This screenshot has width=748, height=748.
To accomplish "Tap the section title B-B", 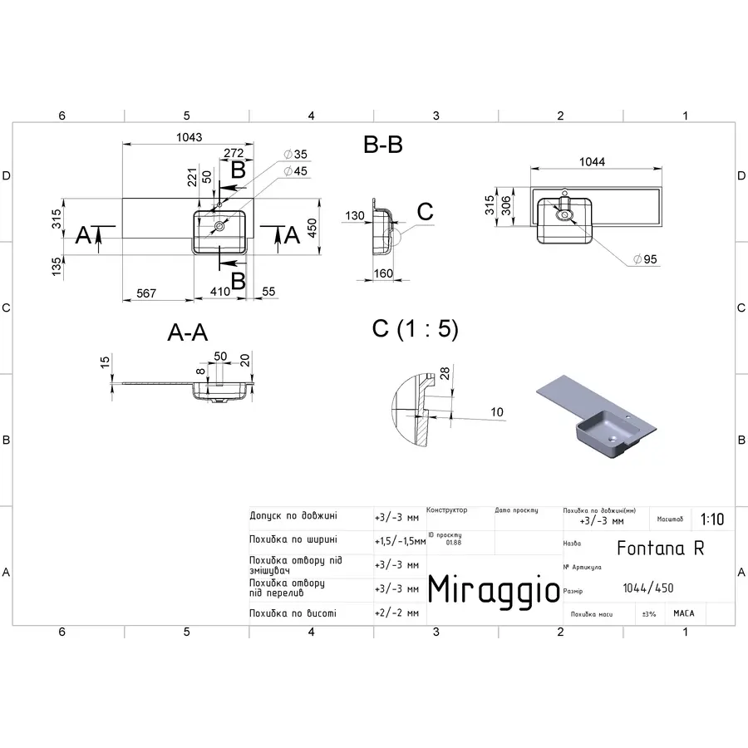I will pyautogui.click(x=383, y=145).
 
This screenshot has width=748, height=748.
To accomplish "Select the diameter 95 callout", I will pyautogui.click(x=645, y=259).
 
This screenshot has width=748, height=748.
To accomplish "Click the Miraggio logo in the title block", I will pyautogui.click(x=494, y=589).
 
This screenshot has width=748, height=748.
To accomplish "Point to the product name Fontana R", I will pyautogui.click(x=661, y=548).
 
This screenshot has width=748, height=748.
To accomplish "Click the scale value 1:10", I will pyautogui.click(x=711, y=519).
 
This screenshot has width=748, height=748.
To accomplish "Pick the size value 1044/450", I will pyautogui.click(x=648, y=588).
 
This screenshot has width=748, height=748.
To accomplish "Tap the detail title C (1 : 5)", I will pyautogui.click(x=415, y=328).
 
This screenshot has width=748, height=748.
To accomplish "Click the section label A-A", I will pyautogui.click(x=187, y=333).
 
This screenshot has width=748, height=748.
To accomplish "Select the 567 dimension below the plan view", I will pyautogui.click(x=146, y=293).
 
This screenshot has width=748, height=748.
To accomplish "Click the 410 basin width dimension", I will pyautogui.click(x=219, y=293).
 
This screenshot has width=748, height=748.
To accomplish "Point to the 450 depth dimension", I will pyautogui.click(x=312, y=228).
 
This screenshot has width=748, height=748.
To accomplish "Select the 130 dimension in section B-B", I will pyautogui.click(x=355, y=216).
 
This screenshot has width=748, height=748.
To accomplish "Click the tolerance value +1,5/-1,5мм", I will pyautogui.click(x=400, y=540).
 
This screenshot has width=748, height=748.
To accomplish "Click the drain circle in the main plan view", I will pyautogui.click(x=220, y=225).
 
